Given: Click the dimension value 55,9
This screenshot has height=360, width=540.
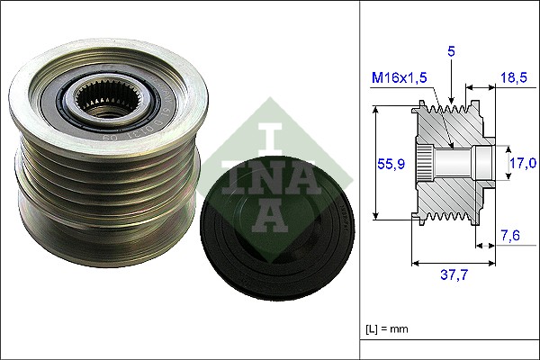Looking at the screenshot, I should click(x=389, y=164).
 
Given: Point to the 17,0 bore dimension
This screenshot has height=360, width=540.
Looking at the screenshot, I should click(x=522, y=162).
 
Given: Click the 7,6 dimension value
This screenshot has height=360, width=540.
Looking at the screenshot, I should click(x=510, y=237).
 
